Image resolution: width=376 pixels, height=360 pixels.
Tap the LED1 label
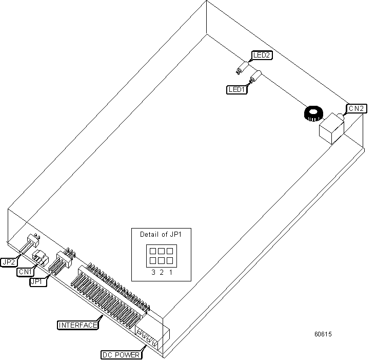coord(237,89)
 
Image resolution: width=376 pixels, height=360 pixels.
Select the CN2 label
coord(357,108)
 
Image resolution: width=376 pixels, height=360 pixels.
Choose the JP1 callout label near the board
coord(38,281)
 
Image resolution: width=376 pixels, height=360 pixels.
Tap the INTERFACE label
coord(77,325)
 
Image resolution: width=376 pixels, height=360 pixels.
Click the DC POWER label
coord(120,354)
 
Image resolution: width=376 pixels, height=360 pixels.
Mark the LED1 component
coord(253,79)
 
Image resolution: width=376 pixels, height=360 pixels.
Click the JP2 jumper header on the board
coord(33,240)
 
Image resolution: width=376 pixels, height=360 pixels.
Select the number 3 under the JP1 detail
coord(153,272)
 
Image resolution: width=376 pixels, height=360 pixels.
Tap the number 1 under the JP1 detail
coord(170,272)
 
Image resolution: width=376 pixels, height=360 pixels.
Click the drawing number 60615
coord(323,334)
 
